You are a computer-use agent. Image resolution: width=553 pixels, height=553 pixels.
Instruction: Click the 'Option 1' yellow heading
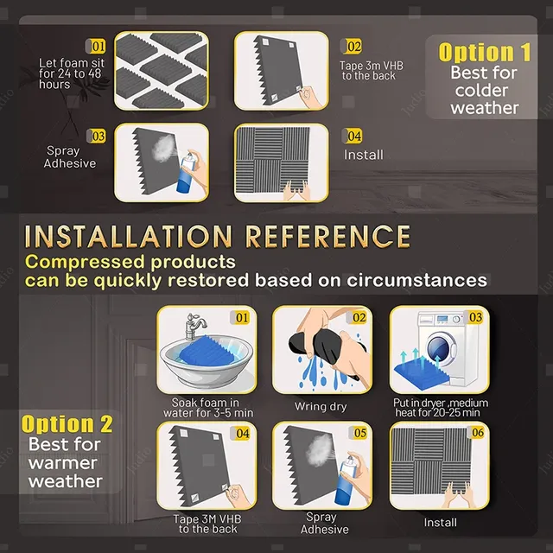484,52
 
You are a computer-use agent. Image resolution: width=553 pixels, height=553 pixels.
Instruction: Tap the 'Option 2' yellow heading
67,424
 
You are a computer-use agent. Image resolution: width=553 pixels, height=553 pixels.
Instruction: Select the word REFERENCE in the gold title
328,236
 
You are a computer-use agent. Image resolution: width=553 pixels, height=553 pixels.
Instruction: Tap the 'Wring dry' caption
321,407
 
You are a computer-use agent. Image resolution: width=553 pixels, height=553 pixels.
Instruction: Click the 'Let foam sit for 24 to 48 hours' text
71,73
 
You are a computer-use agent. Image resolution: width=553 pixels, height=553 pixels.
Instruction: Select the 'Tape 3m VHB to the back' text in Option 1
371,71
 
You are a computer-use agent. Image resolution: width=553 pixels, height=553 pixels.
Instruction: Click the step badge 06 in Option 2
478,432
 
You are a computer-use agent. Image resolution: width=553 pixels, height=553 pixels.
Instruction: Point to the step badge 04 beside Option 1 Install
353,136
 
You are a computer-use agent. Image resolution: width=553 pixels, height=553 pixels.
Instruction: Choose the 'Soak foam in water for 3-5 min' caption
208,408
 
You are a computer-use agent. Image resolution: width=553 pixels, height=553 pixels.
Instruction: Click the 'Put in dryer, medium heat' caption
441,408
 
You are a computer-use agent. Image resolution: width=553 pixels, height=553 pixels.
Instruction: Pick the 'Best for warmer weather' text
66,463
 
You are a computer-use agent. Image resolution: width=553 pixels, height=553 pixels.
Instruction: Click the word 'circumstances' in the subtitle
416,280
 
